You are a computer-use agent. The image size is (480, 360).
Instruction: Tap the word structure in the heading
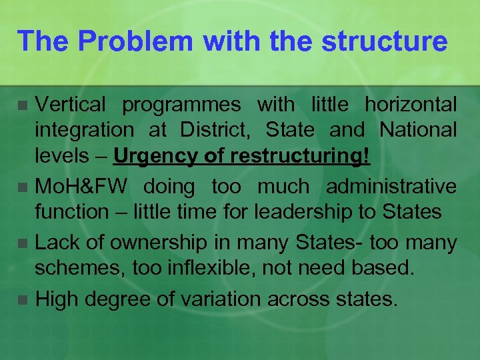[384, 41]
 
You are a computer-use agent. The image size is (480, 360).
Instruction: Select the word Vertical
[70, 105]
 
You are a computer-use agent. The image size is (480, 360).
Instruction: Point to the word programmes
[182, 105]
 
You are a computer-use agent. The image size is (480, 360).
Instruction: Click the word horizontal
[411, 105]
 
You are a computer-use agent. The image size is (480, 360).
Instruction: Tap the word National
[418, 129]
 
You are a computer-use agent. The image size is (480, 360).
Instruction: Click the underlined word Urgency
[153, 156]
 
